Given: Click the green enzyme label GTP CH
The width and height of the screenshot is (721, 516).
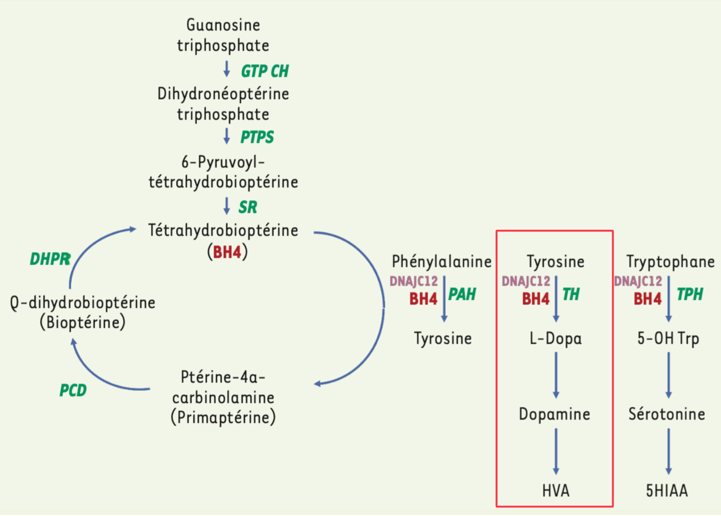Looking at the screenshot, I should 265,71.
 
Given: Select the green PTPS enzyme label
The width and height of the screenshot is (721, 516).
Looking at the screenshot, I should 257,137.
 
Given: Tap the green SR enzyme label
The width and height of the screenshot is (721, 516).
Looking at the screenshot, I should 247,207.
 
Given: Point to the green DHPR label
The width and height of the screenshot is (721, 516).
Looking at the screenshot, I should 50,259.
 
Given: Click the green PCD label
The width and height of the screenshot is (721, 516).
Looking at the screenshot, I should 73,390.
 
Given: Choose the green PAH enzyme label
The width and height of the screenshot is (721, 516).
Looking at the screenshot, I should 462,294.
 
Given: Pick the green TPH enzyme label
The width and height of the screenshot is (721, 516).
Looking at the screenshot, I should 689,294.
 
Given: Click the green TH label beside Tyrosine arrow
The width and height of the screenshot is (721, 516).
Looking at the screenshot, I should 571,294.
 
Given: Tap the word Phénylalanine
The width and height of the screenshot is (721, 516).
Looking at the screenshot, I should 442,261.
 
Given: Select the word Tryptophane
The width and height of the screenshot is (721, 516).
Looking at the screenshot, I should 670,261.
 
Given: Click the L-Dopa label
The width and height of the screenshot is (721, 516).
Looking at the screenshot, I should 556,338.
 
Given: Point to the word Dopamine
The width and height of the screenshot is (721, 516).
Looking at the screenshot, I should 555,414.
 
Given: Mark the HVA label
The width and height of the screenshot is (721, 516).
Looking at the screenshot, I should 556,491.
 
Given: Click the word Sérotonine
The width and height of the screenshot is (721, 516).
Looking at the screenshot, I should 667,414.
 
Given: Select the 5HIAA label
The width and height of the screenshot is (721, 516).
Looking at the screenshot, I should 667,491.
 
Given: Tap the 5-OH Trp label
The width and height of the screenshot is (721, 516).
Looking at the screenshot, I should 668,338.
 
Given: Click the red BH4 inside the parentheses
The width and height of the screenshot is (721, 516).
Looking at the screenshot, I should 227,252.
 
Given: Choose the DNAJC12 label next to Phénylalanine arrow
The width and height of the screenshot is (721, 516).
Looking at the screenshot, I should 413,281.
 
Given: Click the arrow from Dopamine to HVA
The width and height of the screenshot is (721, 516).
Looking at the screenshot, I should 556,451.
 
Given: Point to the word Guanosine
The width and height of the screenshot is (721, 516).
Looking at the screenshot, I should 223,25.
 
